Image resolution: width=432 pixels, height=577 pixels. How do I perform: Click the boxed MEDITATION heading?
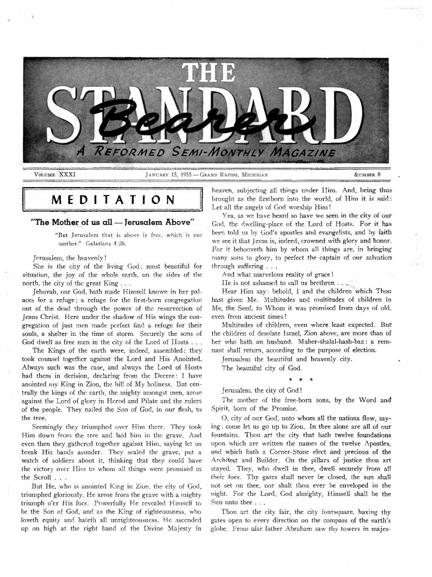112,200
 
